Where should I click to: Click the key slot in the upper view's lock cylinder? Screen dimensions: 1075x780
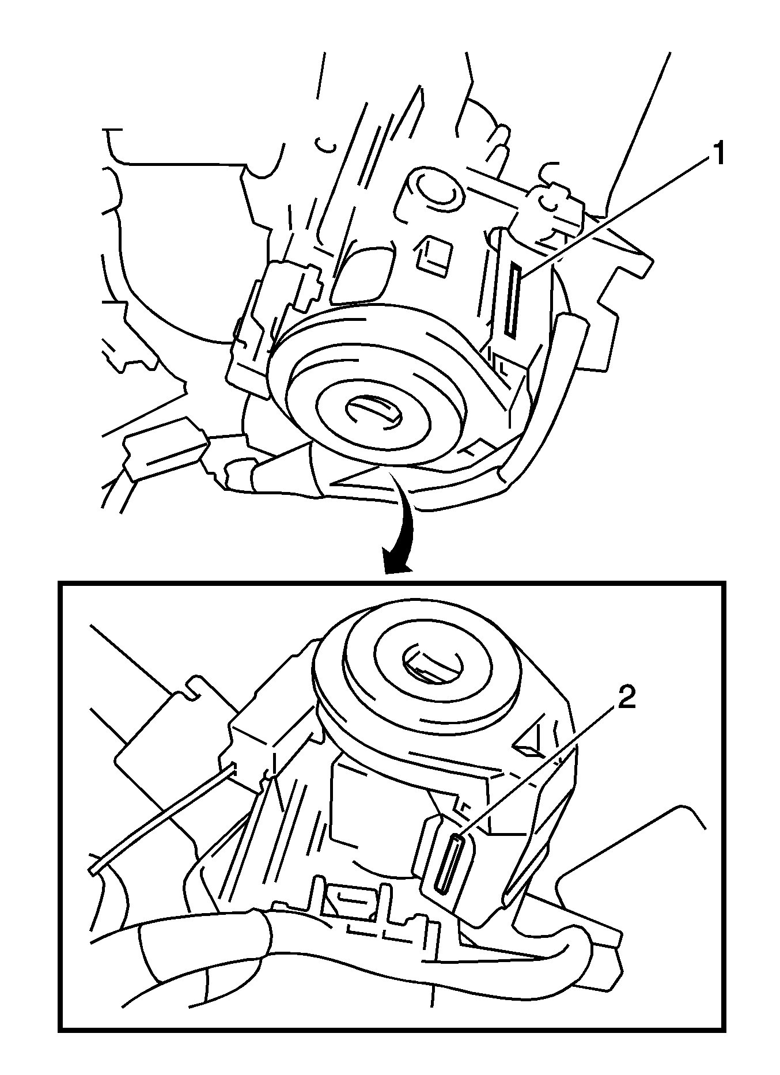pyautogui.click(x=372, y=410)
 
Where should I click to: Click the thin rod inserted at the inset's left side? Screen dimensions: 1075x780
pyautogui.click(x=161, y=818)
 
